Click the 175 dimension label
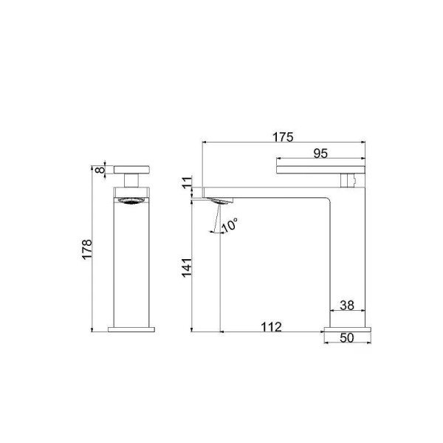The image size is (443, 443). tap(283, 137)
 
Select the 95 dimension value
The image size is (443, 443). tap(320, 154)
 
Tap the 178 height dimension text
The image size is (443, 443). tap(87, 249)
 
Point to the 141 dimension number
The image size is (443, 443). tap(187, 267)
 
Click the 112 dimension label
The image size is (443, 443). tap(271, 327)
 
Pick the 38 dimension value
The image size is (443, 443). tap(347, 305)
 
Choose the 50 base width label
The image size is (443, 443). tap(347, 337)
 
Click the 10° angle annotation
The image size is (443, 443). tap(230, 225)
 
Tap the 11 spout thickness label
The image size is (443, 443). tap(187, 182)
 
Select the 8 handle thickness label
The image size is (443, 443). tap(100, 170)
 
